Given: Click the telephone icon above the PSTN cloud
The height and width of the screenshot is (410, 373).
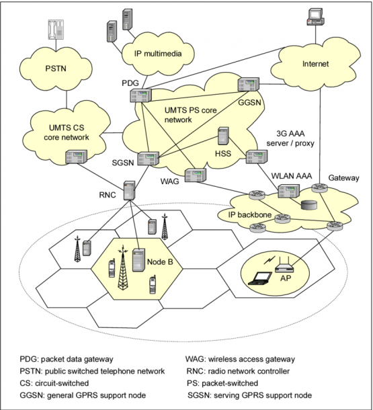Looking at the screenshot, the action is [56, 30].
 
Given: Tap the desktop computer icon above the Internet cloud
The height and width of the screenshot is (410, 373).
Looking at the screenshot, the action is [315, 17].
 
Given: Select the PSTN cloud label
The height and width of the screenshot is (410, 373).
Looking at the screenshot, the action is [56, 69].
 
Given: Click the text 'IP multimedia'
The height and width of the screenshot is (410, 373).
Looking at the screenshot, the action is [158, 54].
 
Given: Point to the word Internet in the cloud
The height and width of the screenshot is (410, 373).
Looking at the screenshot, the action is [315, 64].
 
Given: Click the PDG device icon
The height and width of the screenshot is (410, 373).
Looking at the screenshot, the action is [140, 95].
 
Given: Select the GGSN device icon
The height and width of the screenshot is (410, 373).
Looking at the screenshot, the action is [249, 84].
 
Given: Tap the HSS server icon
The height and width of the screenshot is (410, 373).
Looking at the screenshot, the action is [223, 136].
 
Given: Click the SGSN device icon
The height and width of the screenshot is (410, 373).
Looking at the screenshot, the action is [149, 159].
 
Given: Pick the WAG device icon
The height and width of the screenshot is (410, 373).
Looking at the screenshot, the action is [196, 175].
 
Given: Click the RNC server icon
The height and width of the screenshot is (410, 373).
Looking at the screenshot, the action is [130, 190].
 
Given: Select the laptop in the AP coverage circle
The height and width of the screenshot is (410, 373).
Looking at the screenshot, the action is [260, 278].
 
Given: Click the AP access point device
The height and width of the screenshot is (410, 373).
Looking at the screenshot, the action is [285, 265].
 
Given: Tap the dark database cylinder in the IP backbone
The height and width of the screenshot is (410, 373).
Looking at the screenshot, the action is [309, 205].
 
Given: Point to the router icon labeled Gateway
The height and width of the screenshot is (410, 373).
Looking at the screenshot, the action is [319, 188].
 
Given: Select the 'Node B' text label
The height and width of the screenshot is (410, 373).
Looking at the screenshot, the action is [160, 261].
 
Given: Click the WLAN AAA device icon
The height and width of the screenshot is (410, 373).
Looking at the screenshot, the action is [288, 191].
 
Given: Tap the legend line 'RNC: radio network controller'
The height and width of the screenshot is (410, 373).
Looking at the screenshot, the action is [238, 371].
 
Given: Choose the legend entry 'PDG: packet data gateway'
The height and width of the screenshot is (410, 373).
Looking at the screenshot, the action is [67, 359].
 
